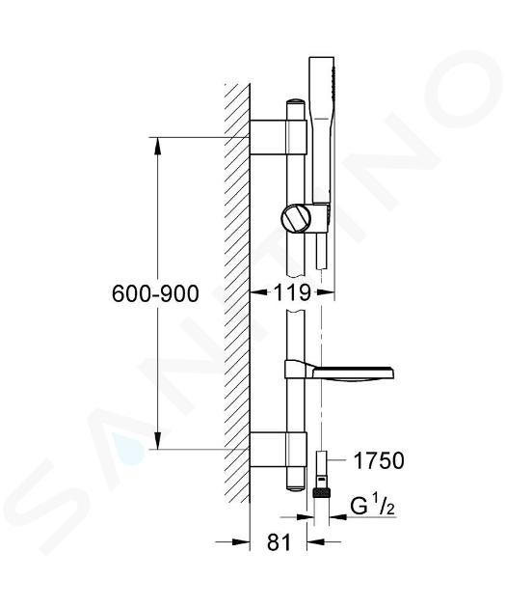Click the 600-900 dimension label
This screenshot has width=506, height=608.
coord(155,293)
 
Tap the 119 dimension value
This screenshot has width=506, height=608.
coord(292,292)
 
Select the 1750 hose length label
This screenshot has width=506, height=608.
coord(379,460)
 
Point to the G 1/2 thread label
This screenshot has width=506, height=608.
coord(372,506)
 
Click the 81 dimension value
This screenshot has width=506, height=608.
coord(279,541)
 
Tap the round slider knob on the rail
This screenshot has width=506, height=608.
coord(297,219)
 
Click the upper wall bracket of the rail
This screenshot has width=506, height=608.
coord(279,137)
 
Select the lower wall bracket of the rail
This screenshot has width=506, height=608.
coord(279,449)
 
